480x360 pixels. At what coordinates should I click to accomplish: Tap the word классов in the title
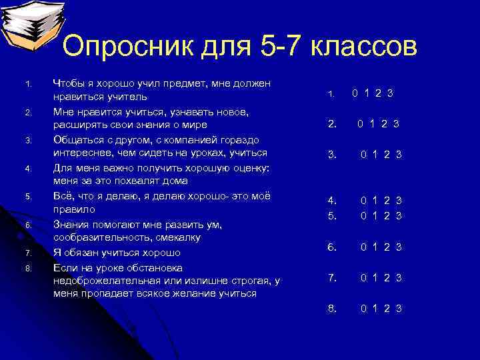(355, 47)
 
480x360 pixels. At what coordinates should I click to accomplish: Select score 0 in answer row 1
(355, 93)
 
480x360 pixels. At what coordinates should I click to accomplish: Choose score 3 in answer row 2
(396, 123)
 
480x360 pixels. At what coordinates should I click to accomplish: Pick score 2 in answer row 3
(386, 155)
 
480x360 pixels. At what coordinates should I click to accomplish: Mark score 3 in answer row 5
(398, 215)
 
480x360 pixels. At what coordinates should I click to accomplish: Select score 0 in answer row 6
(363, 247)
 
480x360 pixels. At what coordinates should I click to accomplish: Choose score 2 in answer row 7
(386, 278)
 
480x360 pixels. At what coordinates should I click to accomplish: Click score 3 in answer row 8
(398, 308)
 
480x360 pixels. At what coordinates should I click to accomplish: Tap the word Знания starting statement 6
(70, 225)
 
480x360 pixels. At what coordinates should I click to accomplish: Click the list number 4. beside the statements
(27, 169)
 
